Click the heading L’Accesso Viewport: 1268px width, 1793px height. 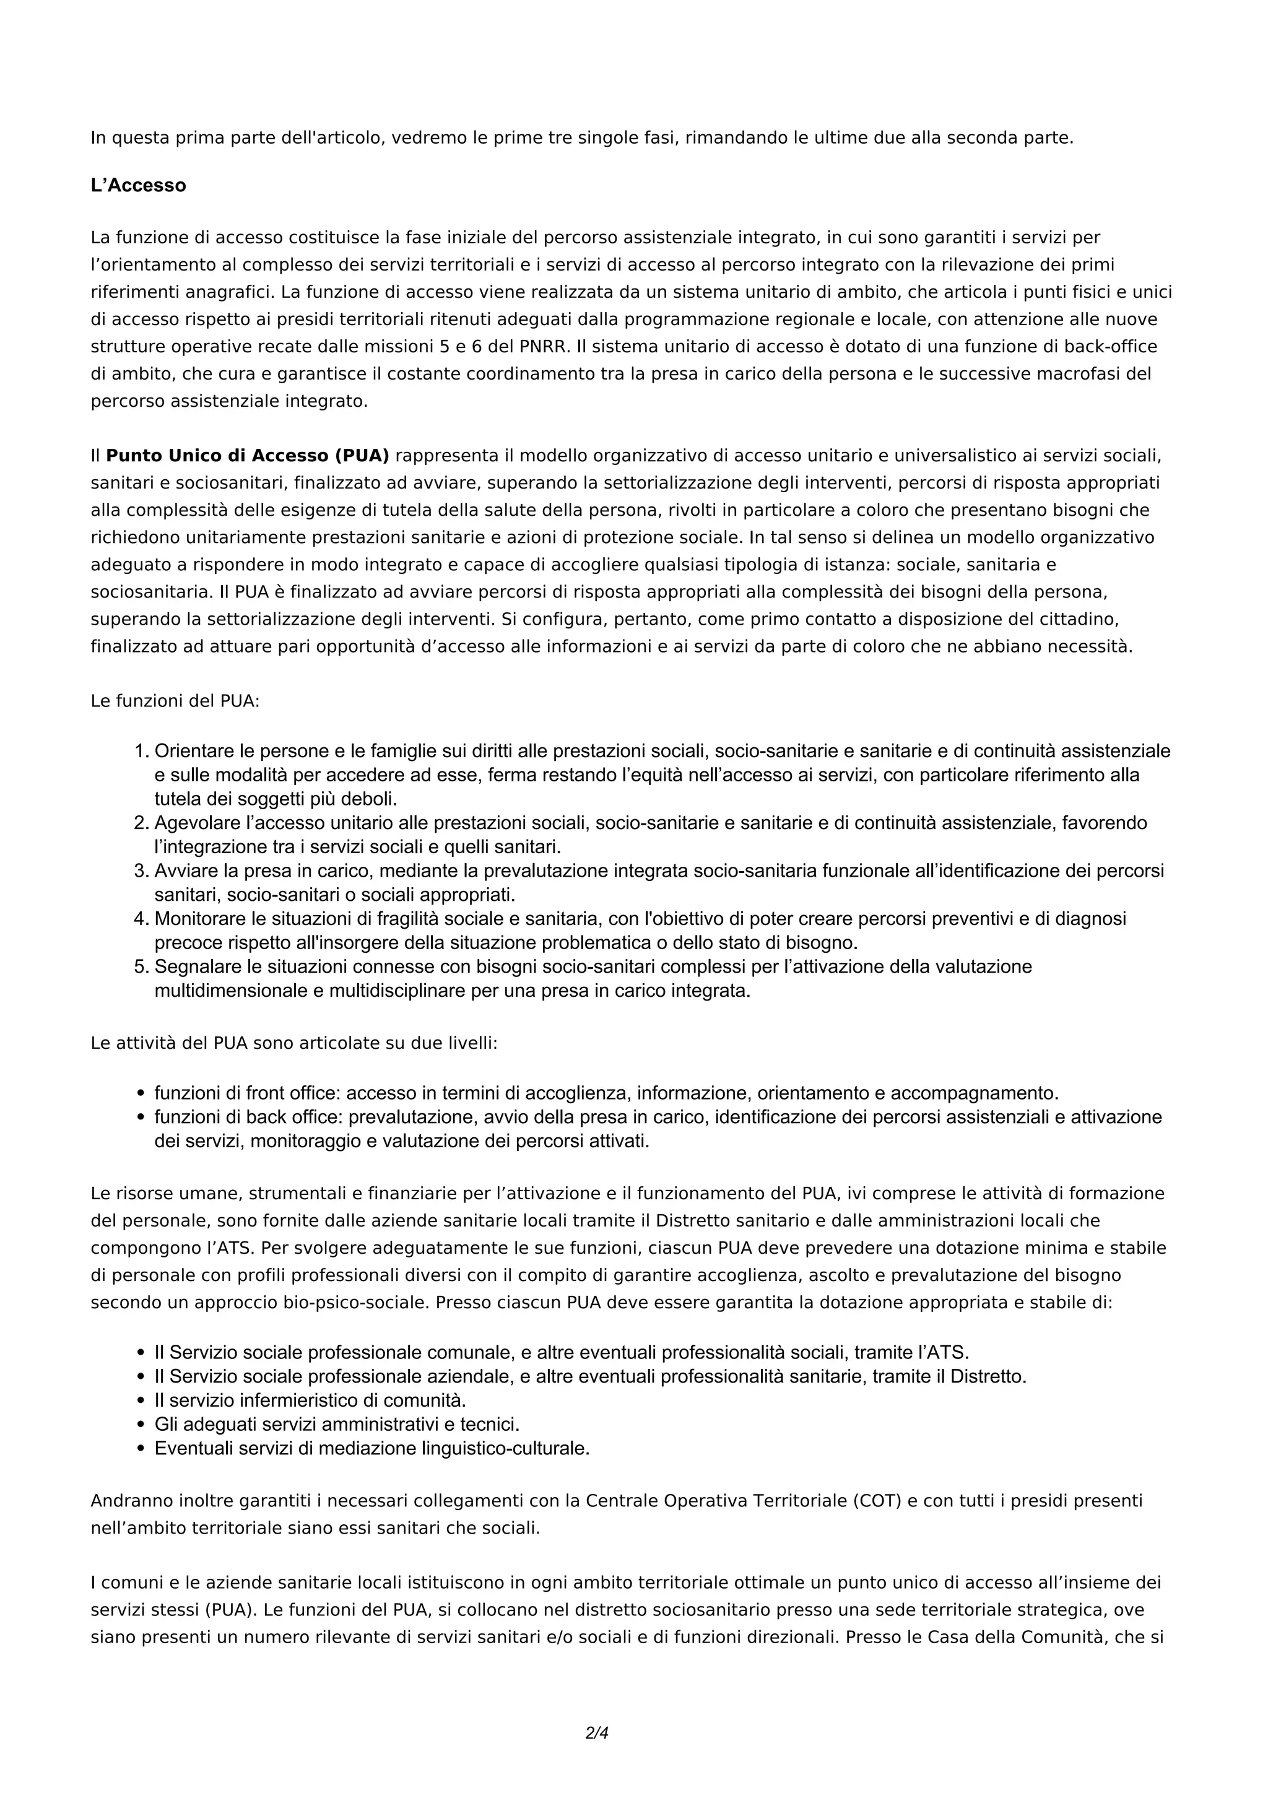pos(138,186)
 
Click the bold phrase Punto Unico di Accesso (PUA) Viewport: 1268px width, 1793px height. pos(248,455)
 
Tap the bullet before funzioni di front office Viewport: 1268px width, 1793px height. pos(141,1093)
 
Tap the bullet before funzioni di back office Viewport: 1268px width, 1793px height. pos(141,1118)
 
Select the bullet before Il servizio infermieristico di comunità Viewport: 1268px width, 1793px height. pos(141,1400)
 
